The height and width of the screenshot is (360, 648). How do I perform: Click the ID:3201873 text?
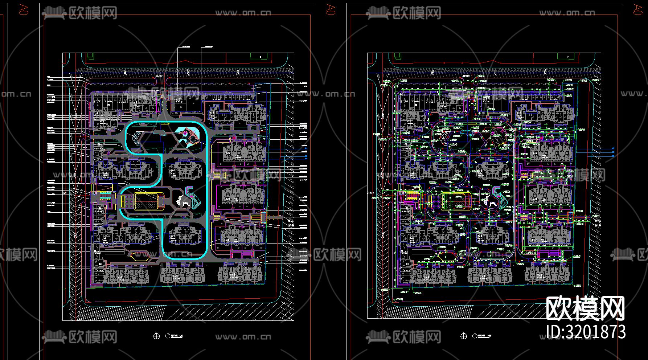pos(586,332)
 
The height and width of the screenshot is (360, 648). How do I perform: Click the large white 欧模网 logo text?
pos(585,308)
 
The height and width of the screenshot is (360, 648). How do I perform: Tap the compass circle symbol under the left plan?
pos(156,336)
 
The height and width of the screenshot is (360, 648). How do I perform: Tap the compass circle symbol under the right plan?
pos(463,336)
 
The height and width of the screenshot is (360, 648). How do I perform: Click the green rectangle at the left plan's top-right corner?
pos(260,56)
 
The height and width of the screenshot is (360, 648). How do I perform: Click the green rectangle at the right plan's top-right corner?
pos(567,56)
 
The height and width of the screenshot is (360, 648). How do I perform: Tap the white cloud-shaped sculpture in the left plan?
pos(181,200)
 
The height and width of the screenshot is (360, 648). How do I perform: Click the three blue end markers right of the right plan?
pos(613,152)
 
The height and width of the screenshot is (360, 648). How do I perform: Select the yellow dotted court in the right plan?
pos(456,201)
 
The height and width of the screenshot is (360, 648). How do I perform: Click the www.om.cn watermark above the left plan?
pos(243,13)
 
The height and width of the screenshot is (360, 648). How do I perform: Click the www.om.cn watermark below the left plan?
pos(243,337)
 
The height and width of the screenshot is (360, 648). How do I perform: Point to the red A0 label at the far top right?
pos(637,9)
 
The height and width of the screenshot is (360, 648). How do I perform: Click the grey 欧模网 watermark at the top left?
pos(80,13)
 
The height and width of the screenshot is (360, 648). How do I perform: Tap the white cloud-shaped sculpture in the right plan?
pos(488,200)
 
